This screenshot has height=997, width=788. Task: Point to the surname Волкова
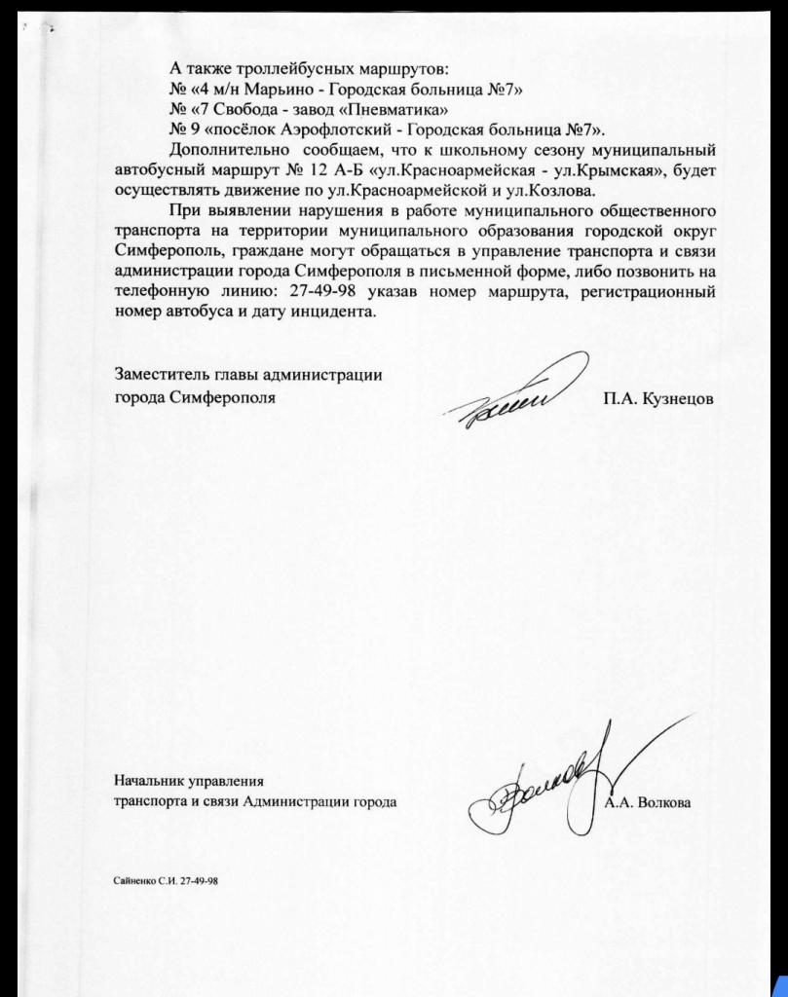tap(663, 803)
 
